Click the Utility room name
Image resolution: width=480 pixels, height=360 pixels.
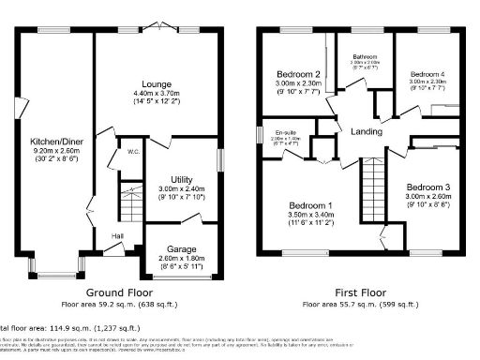pyautogui.click(x=181, y=179)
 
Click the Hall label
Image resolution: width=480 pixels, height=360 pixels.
pyautogui.click(x=118, y=236)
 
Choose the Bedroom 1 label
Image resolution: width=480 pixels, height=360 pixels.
pyautogui.click(x=307, y=205)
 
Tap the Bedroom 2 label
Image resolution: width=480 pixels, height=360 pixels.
pyautogui.click(x=298, y=74)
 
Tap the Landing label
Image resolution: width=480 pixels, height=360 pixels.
pyautogui.click(x=367, y=131)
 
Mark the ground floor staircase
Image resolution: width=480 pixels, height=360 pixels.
pyautogui.click(x=125, y=202)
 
